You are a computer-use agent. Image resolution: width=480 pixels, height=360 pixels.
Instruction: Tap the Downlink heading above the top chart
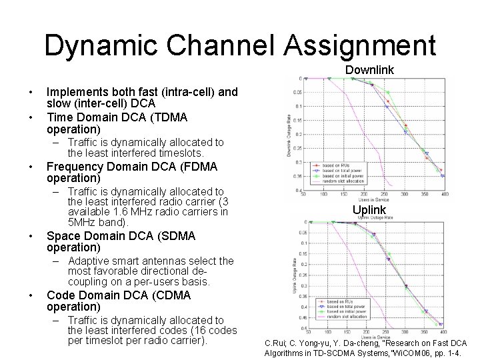[369, 69]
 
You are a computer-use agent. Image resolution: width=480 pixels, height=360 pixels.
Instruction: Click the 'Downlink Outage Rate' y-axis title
[288, 133]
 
